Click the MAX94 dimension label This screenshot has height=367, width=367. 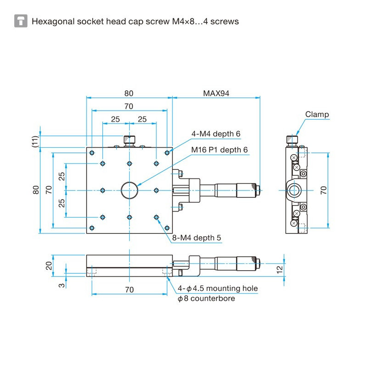[216, 94]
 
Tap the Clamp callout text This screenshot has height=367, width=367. [317, 115]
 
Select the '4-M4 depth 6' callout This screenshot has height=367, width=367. [216, 134]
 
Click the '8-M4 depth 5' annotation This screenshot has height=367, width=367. [197, 238]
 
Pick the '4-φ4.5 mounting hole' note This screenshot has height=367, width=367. [218, 289]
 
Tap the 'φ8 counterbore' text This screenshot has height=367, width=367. [206, 299]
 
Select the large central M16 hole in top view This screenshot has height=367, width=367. [129, 190]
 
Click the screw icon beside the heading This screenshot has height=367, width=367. [21, 21]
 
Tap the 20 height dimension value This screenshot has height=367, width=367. [49, 266]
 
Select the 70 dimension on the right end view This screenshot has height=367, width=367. [323, 190]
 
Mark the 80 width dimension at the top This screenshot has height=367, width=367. [129, 94]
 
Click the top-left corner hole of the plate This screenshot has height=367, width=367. [93, 153]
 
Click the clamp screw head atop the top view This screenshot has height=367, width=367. [129, 139]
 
